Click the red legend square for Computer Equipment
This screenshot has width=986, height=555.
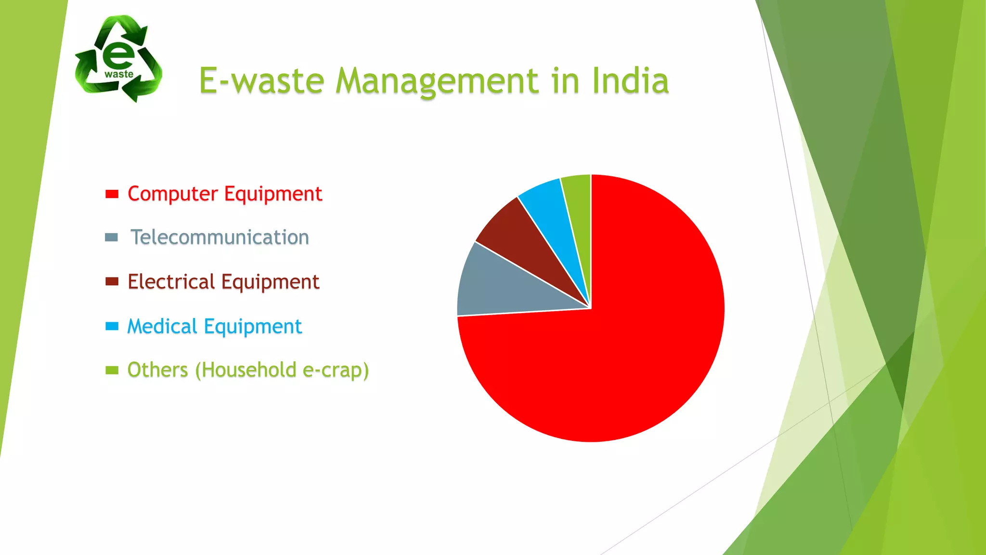point(112,194)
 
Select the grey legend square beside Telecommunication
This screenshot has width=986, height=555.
point(111,238)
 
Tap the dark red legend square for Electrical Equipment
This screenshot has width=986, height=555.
point(112,282)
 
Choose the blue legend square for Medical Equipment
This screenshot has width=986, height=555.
point(112,326)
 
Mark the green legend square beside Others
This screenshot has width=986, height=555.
point(112,370)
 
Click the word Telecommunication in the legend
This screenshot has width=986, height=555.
point(220,238)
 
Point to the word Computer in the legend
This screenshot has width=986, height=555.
point(172,194)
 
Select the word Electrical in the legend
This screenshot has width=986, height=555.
point(171,282)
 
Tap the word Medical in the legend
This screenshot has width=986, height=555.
point(162,326)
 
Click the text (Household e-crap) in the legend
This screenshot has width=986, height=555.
point(282,370)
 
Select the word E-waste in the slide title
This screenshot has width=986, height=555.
point(261,80)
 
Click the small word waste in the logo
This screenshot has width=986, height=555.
point(119,74)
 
